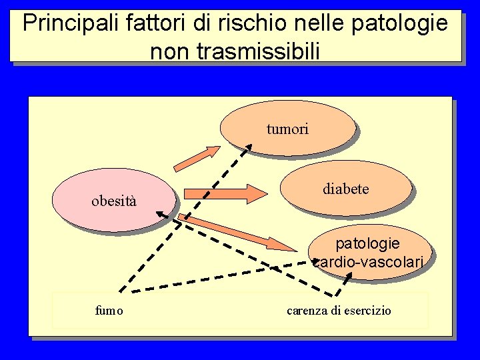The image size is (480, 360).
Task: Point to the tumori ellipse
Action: pyautogui.click(x=287, y=128)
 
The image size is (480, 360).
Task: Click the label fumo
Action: pyautogui.click(x=109, y=311)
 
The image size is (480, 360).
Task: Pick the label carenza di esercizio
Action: pyautogui.click(x=339, y=311)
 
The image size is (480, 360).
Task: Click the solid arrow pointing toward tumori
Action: pyautogui.click(x=196, y=157)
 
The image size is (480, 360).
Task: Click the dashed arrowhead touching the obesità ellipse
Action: pyautogui.click(x=162, y=213)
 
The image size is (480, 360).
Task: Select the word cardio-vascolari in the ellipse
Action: pyautogui.click(x=368, y=263)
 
